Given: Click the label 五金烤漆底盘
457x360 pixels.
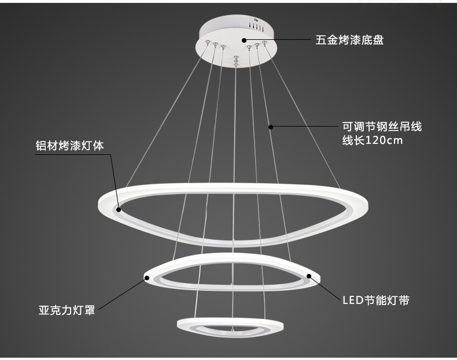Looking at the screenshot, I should [349, 40].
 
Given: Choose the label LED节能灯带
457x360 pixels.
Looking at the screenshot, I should [375, 300].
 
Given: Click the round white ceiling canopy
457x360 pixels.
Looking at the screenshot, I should [235, 40].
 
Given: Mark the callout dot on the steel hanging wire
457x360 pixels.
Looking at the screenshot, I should [270, 126].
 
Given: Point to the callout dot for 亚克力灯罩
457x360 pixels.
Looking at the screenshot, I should [146, 279].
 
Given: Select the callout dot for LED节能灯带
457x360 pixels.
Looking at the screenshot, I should [309, 276].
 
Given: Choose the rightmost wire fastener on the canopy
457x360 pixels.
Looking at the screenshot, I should [265, 43].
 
